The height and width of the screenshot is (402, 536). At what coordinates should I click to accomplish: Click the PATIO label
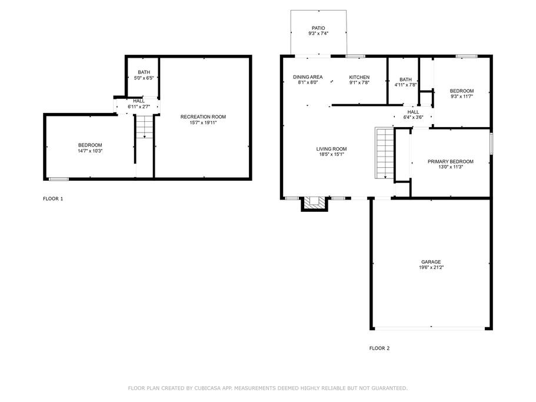pos(318,28)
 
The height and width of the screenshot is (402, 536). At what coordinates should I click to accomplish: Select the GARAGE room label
pos(431,262)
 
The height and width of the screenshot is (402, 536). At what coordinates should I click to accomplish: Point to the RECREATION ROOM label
pos(203,117)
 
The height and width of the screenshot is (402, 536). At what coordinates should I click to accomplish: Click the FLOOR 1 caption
pos(53,198)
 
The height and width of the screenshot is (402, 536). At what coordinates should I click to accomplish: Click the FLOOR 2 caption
pos(379,348)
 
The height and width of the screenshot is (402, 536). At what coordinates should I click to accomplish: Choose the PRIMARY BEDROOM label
pos(451,161)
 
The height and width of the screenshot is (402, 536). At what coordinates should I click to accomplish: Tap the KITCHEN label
pos(359,77)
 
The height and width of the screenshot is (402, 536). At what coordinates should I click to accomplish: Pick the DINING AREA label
pos(308,77)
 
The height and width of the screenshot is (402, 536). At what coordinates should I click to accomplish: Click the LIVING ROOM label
pos(331,149)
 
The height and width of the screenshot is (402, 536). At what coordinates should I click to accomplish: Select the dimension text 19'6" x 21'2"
pos(431,268)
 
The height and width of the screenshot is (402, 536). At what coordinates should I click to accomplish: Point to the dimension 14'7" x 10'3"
pos(90,151)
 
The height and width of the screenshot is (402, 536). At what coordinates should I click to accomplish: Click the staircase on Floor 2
pos(385,153)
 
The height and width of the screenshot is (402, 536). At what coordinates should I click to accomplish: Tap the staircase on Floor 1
pos(144,127)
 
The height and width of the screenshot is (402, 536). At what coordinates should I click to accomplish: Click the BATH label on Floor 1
pos(144,72)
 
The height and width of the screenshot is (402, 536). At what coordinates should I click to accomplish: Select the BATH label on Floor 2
pos(406,79)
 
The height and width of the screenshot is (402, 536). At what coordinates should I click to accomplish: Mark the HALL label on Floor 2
pos(413,112)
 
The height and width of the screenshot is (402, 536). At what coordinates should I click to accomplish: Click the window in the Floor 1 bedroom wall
pos(58,179)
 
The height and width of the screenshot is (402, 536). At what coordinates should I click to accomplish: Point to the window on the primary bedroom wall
pos(491,143)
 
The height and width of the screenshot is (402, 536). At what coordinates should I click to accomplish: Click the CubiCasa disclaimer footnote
pos(268,388)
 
